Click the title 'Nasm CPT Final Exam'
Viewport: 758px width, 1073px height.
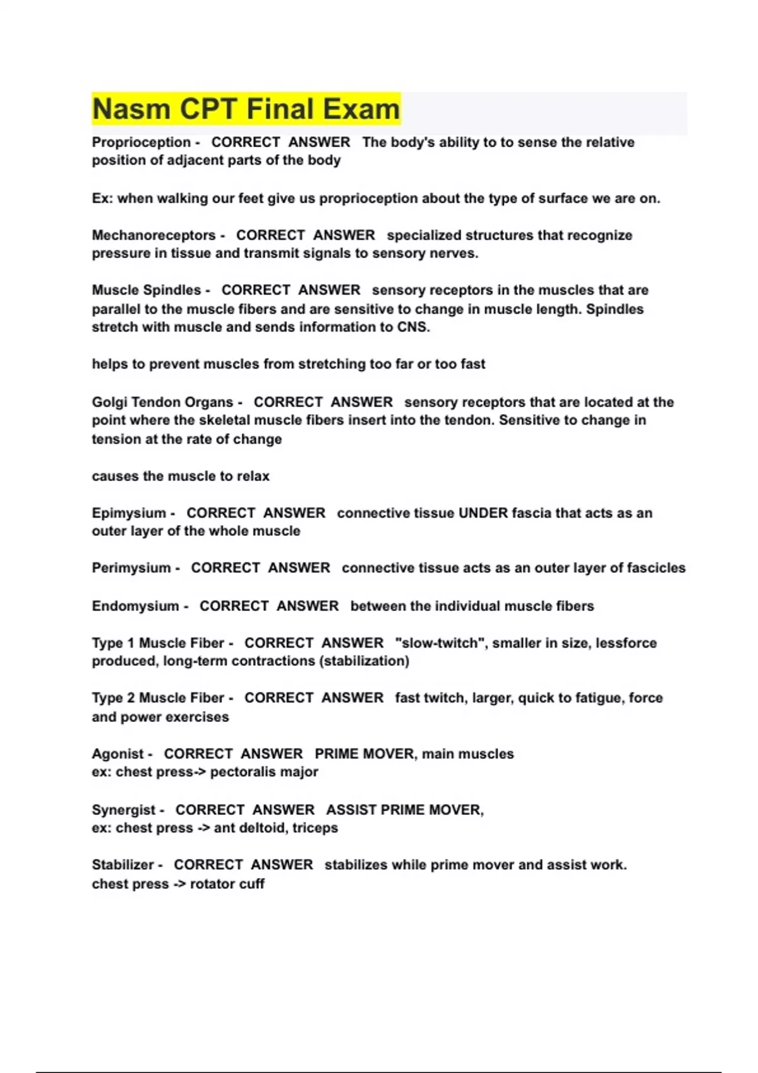[246, 109]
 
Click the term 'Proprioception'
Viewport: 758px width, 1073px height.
[141, 143]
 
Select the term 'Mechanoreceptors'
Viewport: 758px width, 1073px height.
[153, 235]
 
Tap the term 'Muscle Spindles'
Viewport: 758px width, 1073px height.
[146, 290]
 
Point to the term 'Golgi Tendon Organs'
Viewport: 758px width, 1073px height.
[162, 402]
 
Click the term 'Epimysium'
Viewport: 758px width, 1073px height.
[129, 513]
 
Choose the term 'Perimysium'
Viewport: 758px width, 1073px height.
[131, 568]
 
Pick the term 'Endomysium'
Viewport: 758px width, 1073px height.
[135, 606]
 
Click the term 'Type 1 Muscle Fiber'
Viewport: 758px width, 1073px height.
[158, 643]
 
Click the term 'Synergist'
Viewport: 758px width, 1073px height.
[123, 810]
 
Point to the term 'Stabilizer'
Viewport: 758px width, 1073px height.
[123, 865]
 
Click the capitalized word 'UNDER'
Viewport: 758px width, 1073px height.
[483, 513]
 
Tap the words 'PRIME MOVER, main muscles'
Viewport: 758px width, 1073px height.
[414, 754]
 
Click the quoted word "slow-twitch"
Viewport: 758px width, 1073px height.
[440, 643]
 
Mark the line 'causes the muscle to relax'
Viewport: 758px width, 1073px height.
[181, 476]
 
